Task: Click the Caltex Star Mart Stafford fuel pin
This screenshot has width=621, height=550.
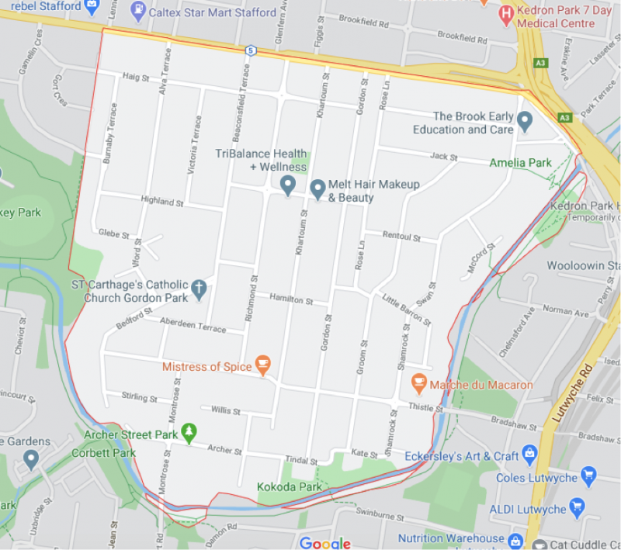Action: pos(138,12)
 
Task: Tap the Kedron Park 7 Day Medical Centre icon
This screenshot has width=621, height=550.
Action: pos(506,12)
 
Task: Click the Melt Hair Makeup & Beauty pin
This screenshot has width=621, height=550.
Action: pos(317,189)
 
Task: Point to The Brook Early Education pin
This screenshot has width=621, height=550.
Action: pos(525,121)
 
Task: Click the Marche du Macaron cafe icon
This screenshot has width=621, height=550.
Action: pos(419,383)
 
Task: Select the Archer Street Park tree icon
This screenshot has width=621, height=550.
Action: pos(188,431)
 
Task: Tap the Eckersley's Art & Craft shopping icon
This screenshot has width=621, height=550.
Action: pos(530,453)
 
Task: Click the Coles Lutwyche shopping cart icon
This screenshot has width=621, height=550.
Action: pos(588,476)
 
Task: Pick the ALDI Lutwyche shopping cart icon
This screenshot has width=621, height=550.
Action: pos(576,508)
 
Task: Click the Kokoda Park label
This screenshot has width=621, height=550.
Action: pos(289,487)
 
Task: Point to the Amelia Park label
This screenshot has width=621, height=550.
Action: pos(520,163)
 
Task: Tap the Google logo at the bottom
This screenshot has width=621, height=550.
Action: pos(325,542)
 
